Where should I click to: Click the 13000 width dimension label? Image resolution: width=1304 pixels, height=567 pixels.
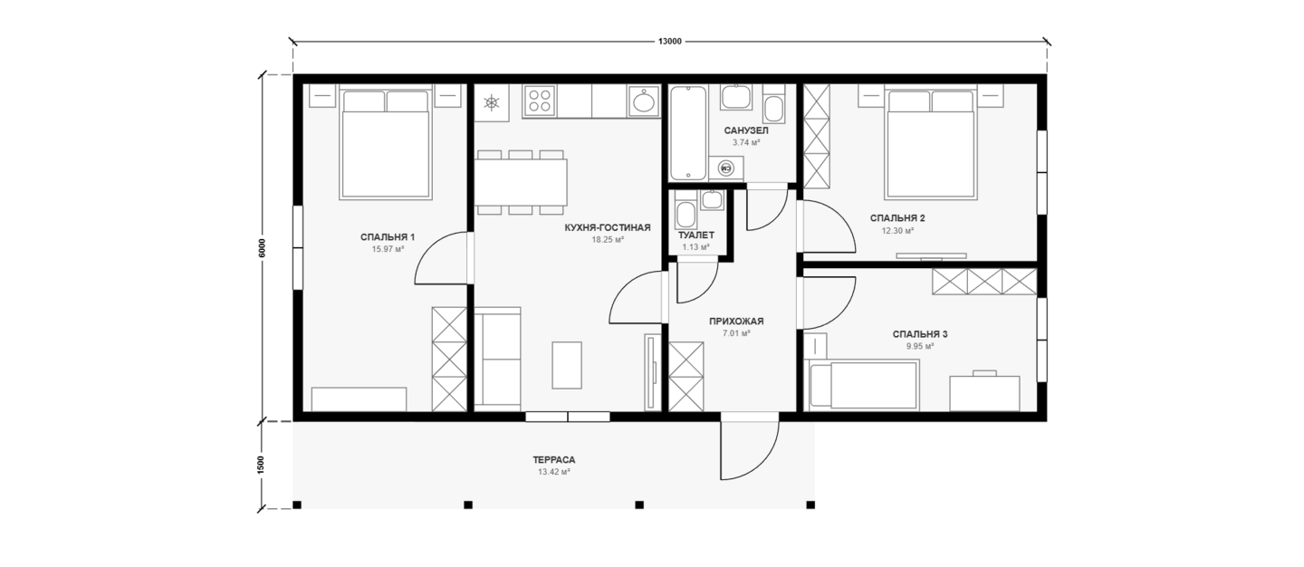point(669,42)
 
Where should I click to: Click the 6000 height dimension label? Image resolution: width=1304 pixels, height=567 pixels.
point(262,248)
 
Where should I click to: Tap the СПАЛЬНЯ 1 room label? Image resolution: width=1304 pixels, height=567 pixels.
point(388,237)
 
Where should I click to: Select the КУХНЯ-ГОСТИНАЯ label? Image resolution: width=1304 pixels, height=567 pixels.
point(607,227)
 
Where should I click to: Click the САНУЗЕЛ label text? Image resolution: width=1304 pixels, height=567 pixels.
point(746,130)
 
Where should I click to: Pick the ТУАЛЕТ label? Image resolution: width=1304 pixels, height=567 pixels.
point(696,235)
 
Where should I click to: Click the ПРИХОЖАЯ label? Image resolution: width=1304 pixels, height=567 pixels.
point(736,322)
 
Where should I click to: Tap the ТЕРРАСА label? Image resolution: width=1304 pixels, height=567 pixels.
point(553,460)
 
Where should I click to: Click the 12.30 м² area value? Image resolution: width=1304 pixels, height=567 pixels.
point(897,231)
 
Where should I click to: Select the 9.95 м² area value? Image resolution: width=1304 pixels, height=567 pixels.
point(920,346)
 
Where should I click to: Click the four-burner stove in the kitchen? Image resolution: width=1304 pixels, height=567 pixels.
point(539,101)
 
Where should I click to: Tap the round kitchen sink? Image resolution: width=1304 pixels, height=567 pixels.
point(644,101)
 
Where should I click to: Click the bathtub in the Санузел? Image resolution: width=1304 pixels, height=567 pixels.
point(688,133)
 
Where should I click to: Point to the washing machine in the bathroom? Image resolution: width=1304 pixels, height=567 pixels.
point(726,168)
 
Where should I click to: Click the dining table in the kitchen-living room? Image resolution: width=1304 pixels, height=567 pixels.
point(521,181)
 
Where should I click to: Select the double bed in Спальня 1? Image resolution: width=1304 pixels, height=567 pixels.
point(386,144)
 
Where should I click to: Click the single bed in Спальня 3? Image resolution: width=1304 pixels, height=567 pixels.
point(861,385)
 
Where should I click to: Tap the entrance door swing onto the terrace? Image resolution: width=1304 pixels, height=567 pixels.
point(749,450)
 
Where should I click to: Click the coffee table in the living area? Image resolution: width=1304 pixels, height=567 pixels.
point(567,365)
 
